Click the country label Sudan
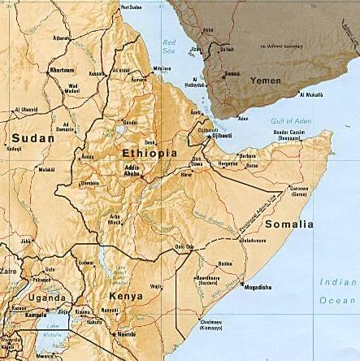[x=32, y=138]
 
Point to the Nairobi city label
[x=125, y=334]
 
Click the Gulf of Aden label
[x=289, y=120]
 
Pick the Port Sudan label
[x=131, y=7]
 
